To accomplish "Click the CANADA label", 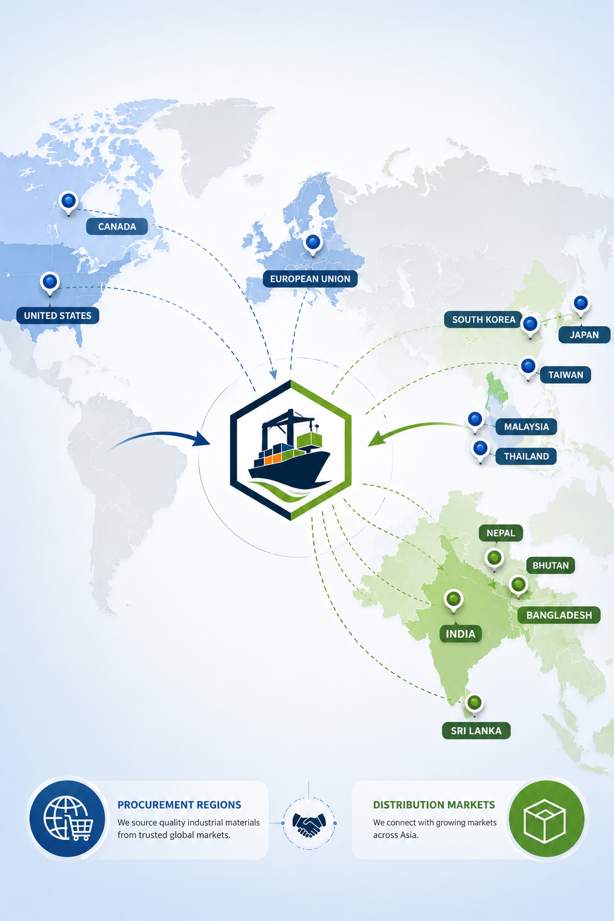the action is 117,227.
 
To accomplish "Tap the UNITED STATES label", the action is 58,315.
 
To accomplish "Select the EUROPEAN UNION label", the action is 310,279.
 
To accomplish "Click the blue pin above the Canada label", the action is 68,203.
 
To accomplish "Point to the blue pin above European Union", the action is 313,244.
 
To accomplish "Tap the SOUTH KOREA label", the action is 484,320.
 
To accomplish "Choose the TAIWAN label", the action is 565,375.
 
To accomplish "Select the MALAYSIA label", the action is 526,427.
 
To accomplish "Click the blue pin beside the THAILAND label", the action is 480,451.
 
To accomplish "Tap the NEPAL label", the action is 501,533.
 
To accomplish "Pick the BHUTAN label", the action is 550,565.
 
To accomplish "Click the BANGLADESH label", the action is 559,615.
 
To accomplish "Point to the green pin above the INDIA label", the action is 454,601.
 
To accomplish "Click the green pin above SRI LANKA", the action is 474,705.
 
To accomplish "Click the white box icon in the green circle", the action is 545,821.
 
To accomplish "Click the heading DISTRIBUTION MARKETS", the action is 434,805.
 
